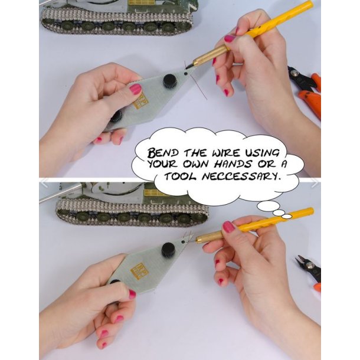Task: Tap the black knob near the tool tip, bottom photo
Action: (x=169, y=250)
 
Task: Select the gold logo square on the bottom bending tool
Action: (x=139, y=271)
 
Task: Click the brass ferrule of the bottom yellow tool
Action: (x=210, y=237)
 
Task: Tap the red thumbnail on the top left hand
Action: (x=136, y=89)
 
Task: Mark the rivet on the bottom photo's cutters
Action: (x=310, y=266)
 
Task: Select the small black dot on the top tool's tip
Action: (x=186, y=74)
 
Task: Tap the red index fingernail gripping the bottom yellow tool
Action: (x=228, y=227)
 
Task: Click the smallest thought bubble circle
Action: (x=287, y=216)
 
